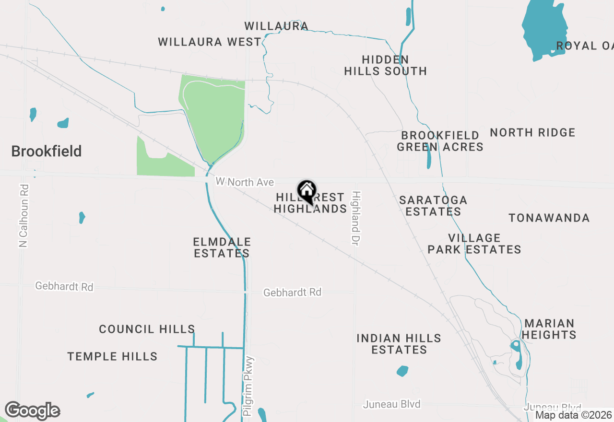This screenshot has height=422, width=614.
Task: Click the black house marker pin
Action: pyautogui.click(x=307, y=192)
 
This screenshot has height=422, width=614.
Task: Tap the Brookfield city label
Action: pyautogui.click(x=47, y=152)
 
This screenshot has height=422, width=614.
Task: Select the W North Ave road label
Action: pyautogui.click(x=245, y=182)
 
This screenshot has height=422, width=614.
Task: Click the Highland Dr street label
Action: pyautogui.click(x=355, y=219)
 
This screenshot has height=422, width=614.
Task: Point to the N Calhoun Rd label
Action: pyautogui.click(x=24, y=216)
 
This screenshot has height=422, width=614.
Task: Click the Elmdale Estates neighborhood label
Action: pyautogui.click(x=222, y=247)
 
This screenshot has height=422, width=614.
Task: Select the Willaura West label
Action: pyautogui.click(x=210, y=42)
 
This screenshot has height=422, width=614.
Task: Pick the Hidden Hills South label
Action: pyautogui.click(x=386, y=66)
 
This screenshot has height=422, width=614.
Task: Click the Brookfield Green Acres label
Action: pyautogui.click(x=440, y=141)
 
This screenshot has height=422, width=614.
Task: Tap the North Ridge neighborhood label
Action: pyautogui.click(x=532, y=133)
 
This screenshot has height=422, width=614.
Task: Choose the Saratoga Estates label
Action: pyautogui.click(x=433, y=206)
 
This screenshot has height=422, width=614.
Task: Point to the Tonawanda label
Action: pyautogui.click(x=549, y=218)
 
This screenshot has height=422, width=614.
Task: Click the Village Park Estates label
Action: pyautogui.click(x=474, y=244)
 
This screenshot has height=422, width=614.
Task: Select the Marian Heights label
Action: pyautogui.click(x=549, y=329)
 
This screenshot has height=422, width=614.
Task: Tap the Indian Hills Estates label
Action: pyautogui.click(x=399, y=344)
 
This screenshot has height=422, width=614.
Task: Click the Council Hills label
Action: pyautogui.click(x=147, y=329)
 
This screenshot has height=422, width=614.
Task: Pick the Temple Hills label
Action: pyautogui.click(x=112, y=357)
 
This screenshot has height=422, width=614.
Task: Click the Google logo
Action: pyautogui.click(x=32, y=411)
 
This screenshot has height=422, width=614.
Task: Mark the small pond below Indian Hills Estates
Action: pyautogui.click(x=402, y=371)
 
